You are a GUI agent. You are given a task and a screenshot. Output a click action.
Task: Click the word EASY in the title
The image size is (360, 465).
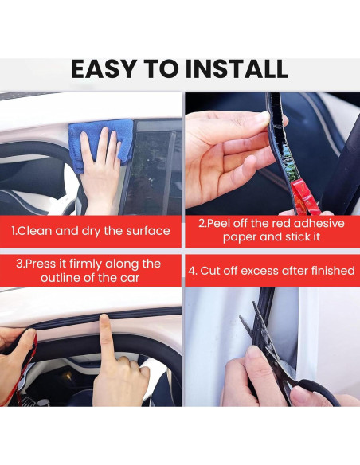104,69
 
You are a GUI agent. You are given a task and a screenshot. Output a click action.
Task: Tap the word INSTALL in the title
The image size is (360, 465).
237,69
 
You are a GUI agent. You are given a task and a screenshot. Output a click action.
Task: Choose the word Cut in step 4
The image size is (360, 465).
210,271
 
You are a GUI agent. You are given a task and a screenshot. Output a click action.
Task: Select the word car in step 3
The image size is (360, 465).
130,278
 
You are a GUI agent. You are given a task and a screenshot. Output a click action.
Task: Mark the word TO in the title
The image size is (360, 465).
162,69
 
